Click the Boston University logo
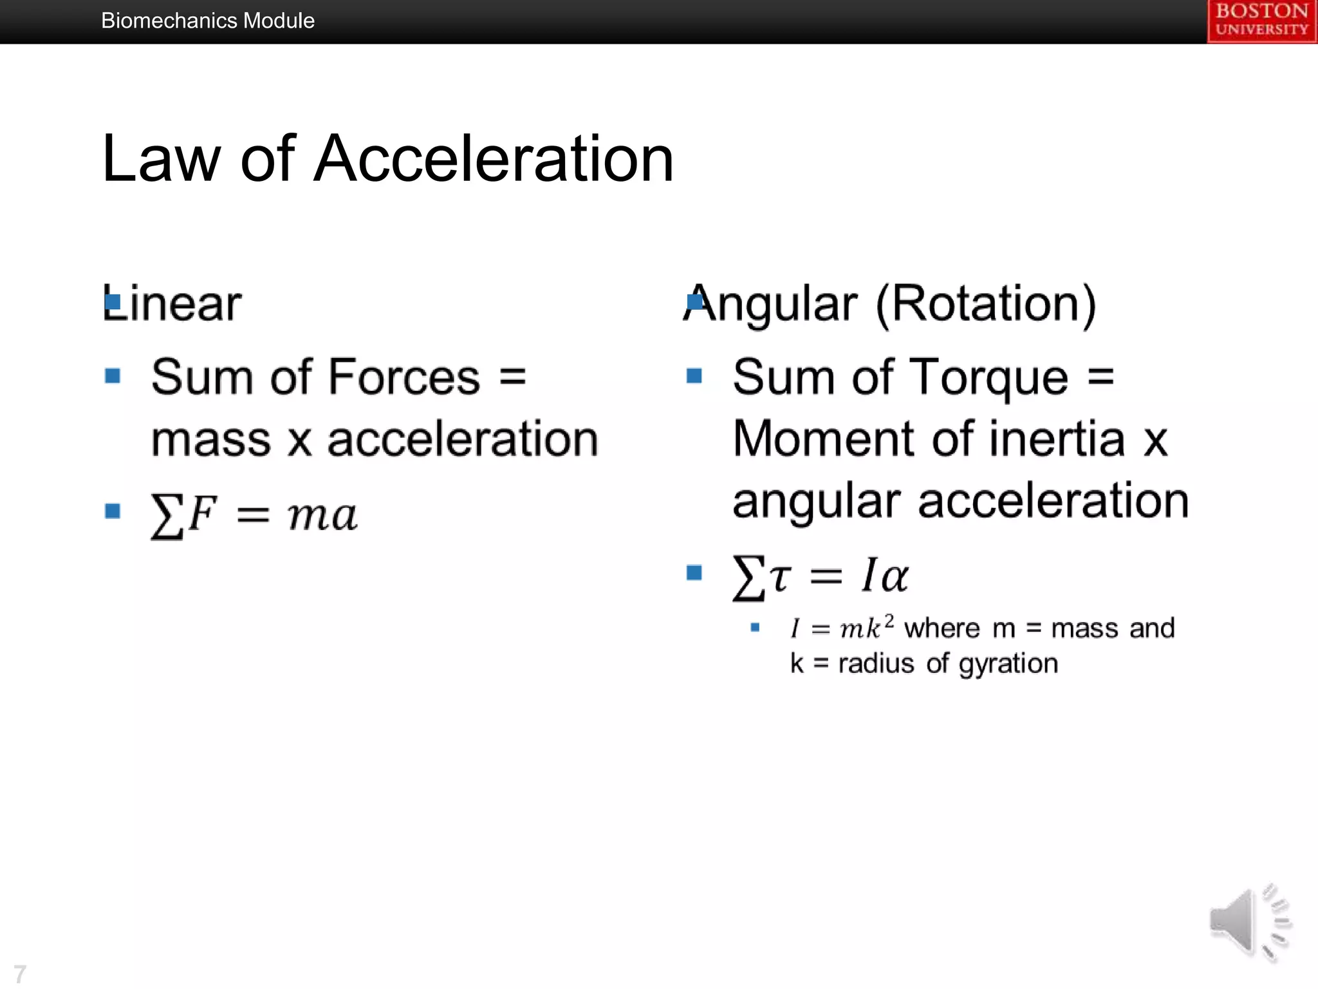tap(1261, 21)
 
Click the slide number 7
tap(20, 974)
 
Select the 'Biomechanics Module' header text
tap(207, 21)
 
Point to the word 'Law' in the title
tap(161, 158)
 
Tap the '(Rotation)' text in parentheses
tap(986, 304)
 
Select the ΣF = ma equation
tap(254, 515)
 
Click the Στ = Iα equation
tap(820, 576)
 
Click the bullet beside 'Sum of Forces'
tap(113, 375)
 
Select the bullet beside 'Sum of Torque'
tap(694, 375)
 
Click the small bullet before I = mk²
tap(755, 627)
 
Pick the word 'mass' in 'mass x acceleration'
tap(211, 439)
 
